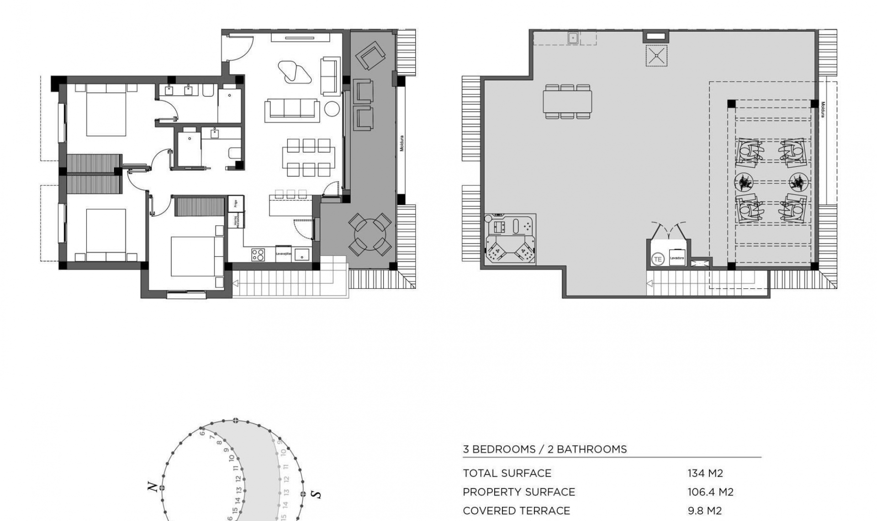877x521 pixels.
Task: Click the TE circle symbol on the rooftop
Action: (657, 259)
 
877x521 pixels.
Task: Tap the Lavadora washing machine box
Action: (677, 258)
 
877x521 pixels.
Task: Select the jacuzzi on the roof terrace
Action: (510, 239)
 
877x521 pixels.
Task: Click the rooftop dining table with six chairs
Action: (567, 101)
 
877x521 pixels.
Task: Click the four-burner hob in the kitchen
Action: (258, 255)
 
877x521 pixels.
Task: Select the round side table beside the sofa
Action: (332, 109)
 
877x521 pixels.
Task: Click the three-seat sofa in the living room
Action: (292, 110)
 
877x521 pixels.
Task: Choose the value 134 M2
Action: (705, 473)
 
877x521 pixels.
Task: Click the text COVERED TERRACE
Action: (516, 510)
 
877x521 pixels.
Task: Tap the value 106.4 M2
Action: (710, 492)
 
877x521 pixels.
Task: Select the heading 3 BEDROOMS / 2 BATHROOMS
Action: (544, 449)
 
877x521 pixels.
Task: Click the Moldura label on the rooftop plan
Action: (823, 109)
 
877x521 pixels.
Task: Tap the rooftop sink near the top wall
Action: (573, 38)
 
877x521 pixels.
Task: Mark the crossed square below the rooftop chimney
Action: (656, 56)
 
